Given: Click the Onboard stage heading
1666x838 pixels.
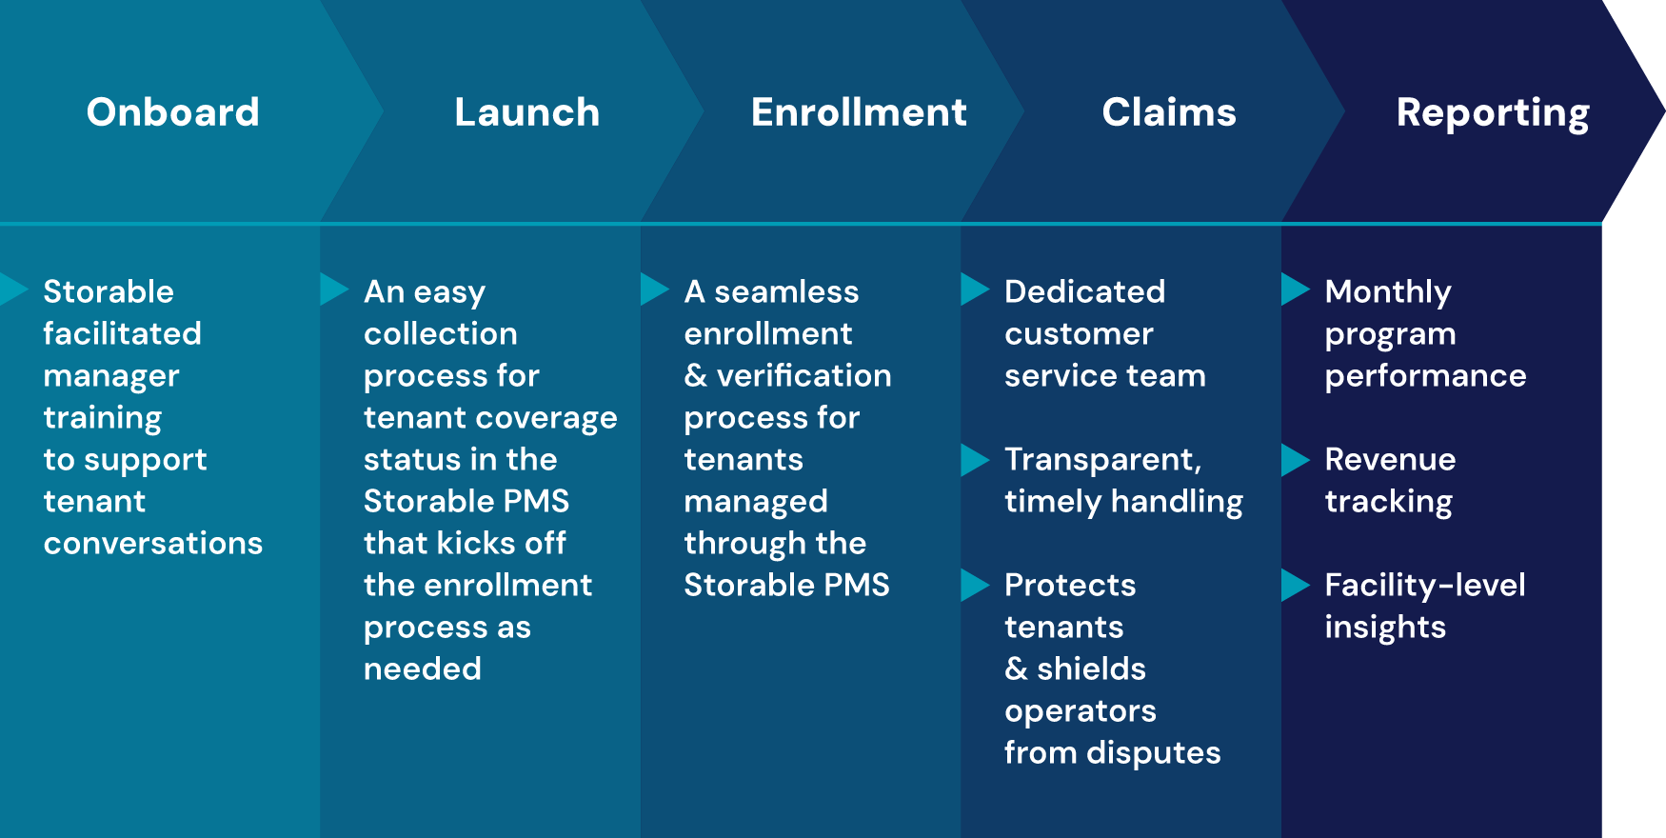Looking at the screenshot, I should pos(173,112).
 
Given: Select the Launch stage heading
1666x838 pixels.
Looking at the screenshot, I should pos(526,112).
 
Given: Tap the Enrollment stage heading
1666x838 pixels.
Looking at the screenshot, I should pos(859,112).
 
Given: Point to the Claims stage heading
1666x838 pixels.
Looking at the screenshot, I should pos(1169,112).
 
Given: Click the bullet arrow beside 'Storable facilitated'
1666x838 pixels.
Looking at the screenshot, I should pos(13,289).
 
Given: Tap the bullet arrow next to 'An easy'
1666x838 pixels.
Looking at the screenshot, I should pos(333,289).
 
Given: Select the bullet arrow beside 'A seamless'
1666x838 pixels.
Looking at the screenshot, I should pos(654,289).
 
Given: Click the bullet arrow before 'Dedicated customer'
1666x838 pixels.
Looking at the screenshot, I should pos(974,289).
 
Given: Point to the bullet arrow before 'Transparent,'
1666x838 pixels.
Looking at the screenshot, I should pos(974,459).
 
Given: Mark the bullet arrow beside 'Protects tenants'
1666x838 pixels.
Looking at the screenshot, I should pos(974,585).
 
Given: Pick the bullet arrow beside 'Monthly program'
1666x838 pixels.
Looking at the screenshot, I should pos(1295,289).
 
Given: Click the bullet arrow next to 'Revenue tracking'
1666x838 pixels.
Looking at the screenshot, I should pos(1295,459).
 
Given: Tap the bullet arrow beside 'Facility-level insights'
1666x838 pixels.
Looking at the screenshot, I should pos(1295,585).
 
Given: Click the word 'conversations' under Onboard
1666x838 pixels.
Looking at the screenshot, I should pos(153,543).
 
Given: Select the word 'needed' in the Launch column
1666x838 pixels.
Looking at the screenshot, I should pos(423,668).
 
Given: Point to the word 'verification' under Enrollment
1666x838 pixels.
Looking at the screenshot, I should pos(803,375).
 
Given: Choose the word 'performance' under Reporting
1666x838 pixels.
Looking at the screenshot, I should pos(1425,376).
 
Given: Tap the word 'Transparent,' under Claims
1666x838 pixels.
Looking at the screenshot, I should pos(1102,460).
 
